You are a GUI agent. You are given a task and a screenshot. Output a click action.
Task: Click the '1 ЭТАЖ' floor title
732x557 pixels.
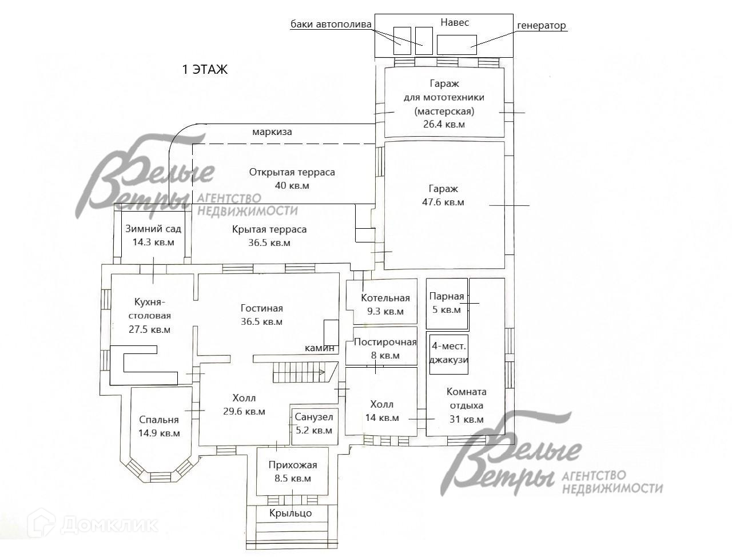pyautogui.click(x=205, y=70)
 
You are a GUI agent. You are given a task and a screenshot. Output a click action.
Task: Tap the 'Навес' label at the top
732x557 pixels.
pyautogui.click(x=455, y=22)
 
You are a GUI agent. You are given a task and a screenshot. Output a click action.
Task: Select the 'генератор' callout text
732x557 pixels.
pyautogui.click(x=541, y=25)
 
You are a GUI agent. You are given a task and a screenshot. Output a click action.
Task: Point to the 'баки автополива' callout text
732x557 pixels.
pyautogui.click(x=331, y=24)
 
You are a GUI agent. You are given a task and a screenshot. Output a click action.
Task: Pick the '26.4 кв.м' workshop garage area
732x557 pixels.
pyautogui.click(x=444, y=124)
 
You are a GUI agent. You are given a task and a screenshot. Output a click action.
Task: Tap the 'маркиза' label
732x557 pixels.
pyautogui.click(x=272, y=132)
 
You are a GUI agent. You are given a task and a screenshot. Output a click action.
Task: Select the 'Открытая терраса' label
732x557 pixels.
pyautogui.click(x=292, y=172)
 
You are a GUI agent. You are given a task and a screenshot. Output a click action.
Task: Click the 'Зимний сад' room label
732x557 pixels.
pyautogui.click(x=153, y=229)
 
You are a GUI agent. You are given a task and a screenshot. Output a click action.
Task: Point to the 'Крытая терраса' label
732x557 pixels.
pyautogui.click(x=269, y=229)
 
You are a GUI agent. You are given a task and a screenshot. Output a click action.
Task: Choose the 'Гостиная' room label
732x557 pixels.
pyautogui.click(x=261, y=308)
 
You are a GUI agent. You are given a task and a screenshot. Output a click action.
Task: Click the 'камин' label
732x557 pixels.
pyautogui.click(x=319, y=348)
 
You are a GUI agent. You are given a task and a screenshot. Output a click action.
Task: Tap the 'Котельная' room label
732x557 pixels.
pyautogui.click(x=385, y=298)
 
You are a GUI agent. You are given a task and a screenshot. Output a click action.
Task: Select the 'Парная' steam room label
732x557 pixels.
pyautogui.click(x=446, y=296)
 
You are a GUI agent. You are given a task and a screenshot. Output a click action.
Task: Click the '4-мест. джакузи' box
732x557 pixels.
pyautogui.click(x=449, y=353)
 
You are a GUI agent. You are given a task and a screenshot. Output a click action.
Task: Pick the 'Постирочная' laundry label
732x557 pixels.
pyautogui.click(x=385, y=342)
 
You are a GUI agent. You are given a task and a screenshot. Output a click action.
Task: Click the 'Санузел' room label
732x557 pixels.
pyautogui.click(x=313, y=417)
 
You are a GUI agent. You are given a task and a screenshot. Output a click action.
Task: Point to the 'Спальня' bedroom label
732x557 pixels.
pyautogui.click(x=158, y=420)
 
